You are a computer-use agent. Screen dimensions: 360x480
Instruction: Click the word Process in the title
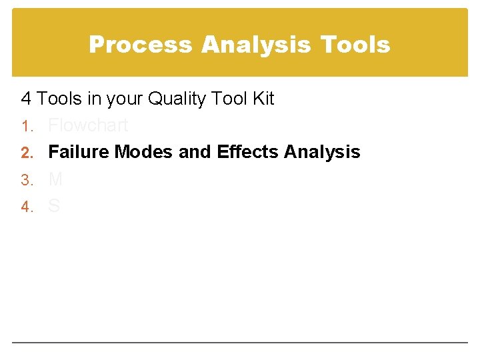point(141,45)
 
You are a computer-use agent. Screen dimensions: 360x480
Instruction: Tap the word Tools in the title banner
point(355,45)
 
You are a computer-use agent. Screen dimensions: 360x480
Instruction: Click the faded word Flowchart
point(88,125)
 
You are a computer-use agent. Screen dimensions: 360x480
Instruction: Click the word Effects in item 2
point(248,152)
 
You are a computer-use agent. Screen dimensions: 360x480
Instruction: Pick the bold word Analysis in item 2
point(322,152)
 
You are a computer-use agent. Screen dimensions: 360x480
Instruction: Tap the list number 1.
point(25,126)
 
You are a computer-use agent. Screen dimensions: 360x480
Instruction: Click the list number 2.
point(25,153)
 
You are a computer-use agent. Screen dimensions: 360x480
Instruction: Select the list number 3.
point(25,180)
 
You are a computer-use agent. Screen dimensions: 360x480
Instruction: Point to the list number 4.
point(25,207)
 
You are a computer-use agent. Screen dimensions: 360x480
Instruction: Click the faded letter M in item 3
point(55,179)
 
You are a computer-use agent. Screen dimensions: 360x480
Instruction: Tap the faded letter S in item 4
point(54,206)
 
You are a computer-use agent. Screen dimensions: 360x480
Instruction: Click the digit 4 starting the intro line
point(26,99)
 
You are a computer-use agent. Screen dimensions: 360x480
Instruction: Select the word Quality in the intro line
point(177,99)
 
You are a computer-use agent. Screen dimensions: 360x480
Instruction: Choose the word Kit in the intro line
point(263,99)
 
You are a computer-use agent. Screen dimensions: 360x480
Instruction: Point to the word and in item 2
point(195,152)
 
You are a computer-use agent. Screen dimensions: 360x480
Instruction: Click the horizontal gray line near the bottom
point(240,343)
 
